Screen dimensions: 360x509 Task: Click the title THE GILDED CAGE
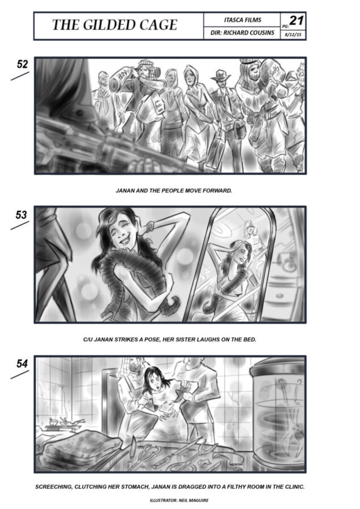[x=115, y=25]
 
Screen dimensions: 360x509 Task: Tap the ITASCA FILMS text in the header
[x=242, y=20]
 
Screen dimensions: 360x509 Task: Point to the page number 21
[x=296, y=21]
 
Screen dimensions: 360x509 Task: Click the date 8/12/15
[x=293, y=34]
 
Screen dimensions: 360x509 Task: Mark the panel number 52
[x=22, y=64]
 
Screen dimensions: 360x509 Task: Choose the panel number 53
[x=22, y=214]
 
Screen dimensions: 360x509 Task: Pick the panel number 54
[x=22, y=364]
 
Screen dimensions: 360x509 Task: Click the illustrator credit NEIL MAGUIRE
[x=194, y=501]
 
